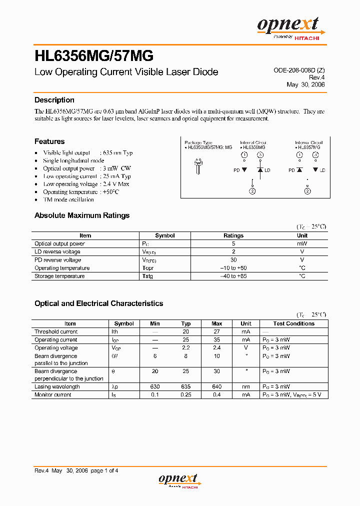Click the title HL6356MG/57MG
tap(94, 54)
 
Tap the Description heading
tap(54, 100)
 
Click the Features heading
tap(49, 141)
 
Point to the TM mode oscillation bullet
tap(68, 199)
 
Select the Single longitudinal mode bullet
tap(73, 160)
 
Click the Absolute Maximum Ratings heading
tap(82, 215)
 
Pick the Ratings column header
tap(233, 235)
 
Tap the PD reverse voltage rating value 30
tap(233, 260)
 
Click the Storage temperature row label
tap(59, 276)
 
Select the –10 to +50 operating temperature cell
tap(233, 268)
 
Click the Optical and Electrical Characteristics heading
tap(98, 303)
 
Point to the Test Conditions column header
tap(294, 323)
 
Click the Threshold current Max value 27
tap(217, 331)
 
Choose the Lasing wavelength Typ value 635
tap(186, 386)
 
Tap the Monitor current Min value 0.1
tap(155, 394)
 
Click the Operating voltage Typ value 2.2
tap(186, 347)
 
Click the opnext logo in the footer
tap(178, 480)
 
